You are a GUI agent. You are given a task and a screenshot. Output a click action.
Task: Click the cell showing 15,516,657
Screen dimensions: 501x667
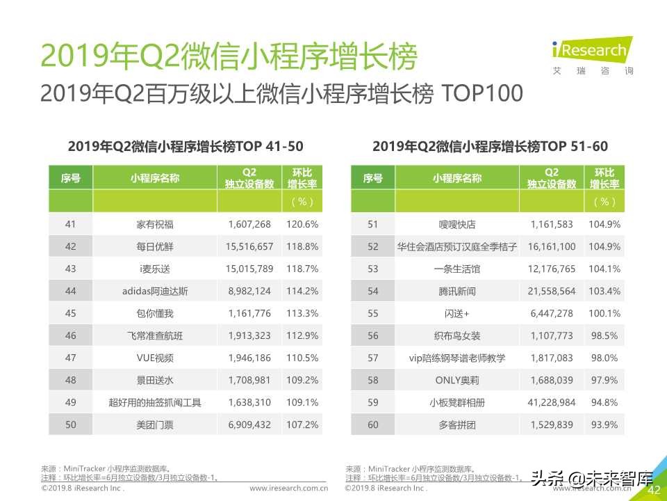250,246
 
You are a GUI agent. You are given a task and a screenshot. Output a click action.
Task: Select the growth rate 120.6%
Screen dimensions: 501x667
302,224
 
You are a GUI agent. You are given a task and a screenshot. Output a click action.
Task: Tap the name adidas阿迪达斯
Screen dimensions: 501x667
154,291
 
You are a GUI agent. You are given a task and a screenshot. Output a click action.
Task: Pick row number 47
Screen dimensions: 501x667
70,358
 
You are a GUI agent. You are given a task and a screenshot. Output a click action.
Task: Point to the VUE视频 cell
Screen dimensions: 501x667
154,358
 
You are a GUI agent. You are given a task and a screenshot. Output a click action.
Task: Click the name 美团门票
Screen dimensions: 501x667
154,424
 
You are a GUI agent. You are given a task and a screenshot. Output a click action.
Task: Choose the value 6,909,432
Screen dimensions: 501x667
250,424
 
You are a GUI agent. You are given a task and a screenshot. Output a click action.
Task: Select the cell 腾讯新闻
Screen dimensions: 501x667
456,291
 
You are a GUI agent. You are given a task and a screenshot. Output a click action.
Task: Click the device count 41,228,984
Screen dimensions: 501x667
552,402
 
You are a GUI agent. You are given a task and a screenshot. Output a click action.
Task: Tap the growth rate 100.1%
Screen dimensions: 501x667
604,313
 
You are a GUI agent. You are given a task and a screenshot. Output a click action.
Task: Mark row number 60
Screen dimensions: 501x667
373,424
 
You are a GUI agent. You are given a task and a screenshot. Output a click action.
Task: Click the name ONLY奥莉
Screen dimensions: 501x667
456,380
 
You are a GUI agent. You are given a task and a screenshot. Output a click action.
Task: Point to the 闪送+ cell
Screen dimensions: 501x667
456,313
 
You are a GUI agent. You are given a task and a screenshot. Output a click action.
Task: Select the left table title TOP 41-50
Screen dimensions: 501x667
186,146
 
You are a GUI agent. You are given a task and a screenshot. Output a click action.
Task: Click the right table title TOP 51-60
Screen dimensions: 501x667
490,146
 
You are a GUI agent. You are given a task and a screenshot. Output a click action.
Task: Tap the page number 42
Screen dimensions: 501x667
654,490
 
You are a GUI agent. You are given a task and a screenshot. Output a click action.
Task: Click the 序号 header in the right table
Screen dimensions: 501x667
373,178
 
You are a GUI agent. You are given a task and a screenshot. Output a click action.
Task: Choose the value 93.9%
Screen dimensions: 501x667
604,424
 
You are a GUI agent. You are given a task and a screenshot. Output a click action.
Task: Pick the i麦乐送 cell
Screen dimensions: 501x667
154,269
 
